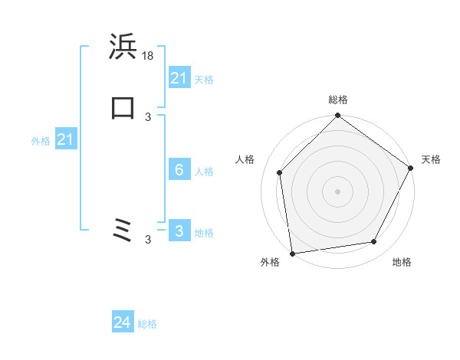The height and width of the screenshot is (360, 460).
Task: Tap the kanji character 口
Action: tap(122, 108)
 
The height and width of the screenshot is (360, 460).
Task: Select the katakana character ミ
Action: tap(122, 231)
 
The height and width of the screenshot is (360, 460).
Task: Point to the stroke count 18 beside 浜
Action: tap(149, 57)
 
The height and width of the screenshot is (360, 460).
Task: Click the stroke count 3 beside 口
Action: tap(148, 116)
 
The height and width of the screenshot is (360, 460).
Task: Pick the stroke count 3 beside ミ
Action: tap(148, 240)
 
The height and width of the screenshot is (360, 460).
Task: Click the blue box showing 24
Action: tap(123, 322)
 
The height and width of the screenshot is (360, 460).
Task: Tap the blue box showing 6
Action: tap(179, 170)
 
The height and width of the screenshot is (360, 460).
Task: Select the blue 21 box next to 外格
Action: tap(66, 139)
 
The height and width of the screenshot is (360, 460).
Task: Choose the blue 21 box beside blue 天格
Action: tap(179, 78)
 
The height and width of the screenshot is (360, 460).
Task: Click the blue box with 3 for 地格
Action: tap(179, 231)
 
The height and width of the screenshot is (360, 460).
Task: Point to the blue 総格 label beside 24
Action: tap(147, 324)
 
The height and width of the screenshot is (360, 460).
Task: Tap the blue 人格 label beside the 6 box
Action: tap(205, 172)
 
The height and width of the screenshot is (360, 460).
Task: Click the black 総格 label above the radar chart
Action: tap(338, 100)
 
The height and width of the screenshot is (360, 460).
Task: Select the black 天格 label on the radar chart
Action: tap(431, 159)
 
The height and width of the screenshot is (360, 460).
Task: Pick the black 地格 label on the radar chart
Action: tap(402, 262)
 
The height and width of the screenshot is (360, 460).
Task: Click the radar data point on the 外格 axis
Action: tap(292, 253)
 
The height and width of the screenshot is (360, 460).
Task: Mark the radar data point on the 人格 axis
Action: tap(280, 172)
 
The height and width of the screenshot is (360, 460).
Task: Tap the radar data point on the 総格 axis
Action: tap(338, 116)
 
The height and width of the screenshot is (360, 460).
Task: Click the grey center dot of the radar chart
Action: tap(338, 191)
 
